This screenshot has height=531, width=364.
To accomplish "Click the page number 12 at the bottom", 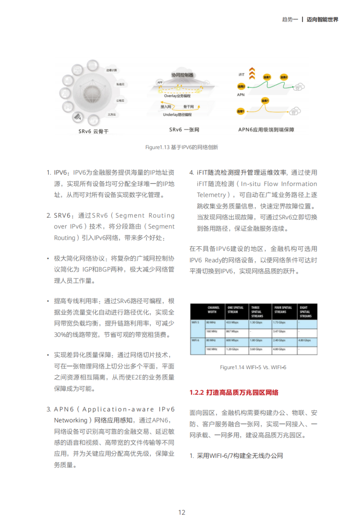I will (181, 512).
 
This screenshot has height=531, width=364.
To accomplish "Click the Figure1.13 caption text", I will (181, 147).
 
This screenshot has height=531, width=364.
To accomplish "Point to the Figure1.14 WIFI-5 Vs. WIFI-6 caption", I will (253, 367).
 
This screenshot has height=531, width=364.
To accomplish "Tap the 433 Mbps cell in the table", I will (233, 322).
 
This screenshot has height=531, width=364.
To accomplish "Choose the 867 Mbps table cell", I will (233, 331).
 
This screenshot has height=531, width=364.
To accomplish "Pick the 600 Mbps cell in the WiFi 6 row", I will (233, 340).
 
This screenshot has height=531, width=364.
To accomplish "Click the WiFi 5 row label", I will (195, 322).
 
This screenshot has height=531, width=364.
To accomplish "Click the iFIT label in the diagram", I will (241, 75).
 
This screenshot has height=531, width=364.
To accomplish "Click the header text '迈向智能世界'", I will (322, 19).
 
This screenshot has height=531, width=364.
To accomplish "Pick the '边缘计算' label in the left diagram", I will (111, 70).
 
